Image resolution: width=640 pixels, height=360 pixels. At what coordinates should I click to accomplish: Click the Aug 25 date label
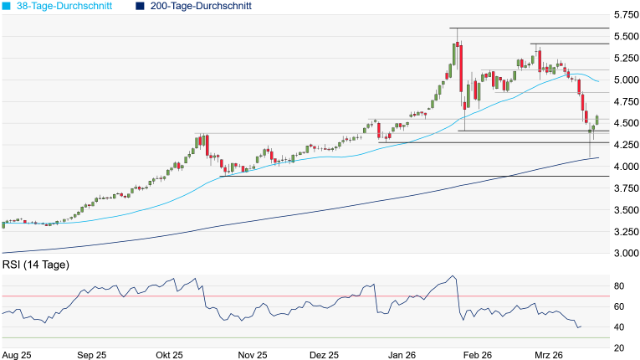click(x=17, y=355)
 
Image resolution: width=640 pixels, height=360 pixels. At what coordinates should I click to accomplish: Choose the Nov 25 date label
click(x=251, y=355)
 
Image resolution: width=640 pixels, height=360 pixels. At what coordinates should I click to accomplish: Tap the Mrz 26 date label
click(x=550, y=355)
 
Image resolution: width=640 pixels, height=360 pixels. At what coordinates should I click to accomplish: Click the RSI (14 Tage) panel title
click(x=36, y=265)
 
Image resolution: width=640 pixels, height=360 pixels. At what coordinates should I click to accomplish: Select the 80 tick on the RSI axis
click(x=620, y=286)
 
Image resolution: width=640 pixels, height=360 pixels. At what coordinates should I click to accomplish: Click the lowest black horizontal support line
click(x=418, y=177)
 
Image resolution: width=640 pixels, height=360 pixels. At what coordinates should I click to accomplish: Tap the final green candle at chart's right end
click(x=597, y=121)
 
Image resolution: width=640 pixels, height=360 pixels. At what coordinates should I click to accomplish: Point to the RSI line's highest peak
click(x=453, y=275)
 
